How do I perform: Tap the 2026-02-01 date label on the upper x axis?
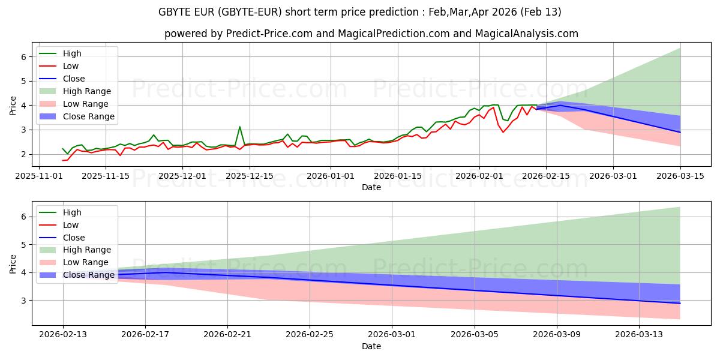pos(479,176)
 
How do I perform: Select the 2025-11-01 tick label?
pos(39,176)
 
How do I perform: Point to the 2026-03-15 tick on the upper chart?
pos(680,176)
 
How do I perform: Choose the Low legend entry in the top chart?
pos(71,66)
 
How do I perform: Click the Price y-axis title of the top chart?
pos(13,106)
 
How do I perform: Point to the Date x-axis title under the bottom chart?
pos(371,346)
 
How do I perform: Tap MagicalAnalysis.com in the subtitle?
pos(527,34)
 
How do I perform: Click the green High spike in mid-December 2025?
pos(240,127)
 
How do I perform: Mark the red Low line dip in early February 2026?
pos(503,131)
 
